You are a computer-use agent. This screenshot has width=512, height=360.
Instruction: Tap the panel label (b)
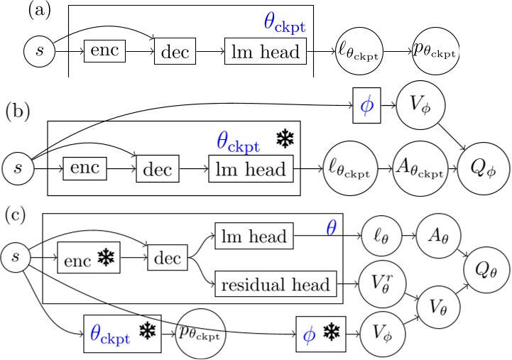tap(18, 112)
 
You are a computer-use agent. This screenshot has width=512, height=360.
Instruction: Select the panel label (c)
tap(18, 214)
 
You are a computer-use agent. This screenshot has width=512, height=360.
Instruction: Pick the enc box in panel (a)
tap(104, 52)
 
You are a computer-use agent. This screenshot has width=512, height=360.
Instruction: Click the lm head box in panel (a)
tap(266, 52)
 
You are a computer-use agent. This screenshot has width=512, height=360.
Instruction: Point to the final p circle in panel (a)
tap(434, 52)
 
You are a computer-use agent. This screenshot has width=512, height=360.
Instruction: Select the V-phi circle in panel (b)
tap(419, 105)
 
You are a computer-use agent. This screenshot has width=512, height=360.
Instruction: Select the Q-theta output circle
tap(486, 270)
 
